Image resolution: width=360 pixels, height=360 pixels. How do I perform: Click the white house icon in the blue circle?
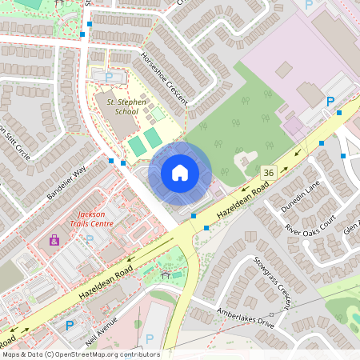pos(180,172)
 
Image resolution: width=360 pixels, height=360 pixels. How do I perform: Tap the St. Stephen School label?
pos(116,107)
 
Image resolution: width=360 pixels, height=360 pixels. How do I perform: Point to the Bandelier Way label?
pos(66,184)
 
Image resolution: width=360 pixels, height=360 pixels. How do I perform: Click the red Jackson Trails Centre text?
pos(91,219)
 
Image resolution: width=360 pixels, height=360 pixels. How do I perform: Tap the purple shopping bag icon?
pos(54,240)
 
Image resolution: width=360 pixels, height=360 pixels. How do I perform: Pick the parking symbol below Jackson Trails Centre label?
pos(90,238)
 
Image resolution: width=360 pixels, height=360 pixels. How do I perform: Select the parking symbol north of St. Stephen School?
pos(109,77)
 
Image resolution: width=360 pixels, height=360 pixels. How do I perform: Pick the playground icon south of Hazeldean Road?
pos(166,274)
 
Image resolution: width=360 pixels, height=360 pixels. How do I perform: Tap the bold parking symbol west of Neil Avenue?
pos(70,326)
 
